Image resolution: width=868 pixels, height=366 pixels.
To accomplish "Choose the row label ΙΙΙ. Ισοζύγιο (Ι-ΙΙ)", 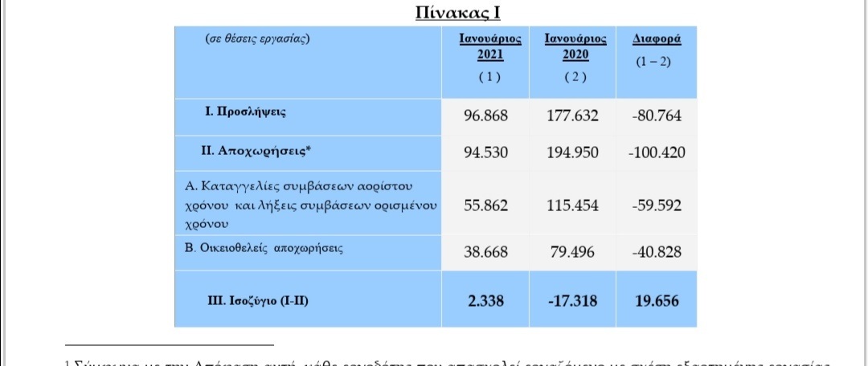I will [259, 300].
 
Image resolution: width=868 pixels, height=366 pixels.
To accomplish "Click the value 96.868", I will [486, 116].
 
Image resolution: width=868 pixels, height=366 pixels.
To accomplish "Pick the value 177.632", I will [572, 116].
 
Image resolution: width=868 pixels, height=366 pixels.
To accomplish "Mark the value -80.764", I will [657, 116].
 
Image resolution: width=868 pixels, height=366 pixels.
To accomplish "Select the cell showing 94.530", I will [486, 152].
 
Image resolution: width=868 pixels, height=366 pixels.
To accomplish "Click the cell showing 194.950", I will [572, 152].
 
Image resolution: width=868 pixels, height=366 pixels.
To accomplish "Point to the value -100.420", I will [657, 152].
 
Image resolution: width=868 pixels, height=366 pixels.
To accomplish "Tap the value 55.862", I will [486, 205].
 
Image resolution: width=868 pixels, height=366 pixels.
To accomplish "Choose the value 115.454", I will [572, 205].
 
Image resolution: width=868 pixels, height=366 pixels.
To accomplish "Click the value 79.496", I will [572, 252].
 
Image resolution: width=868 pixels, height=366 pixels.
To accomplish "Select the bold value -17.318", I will [572, 301].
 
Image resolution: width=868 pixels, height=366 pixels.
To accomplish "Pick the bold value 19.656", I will [657, 301].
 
